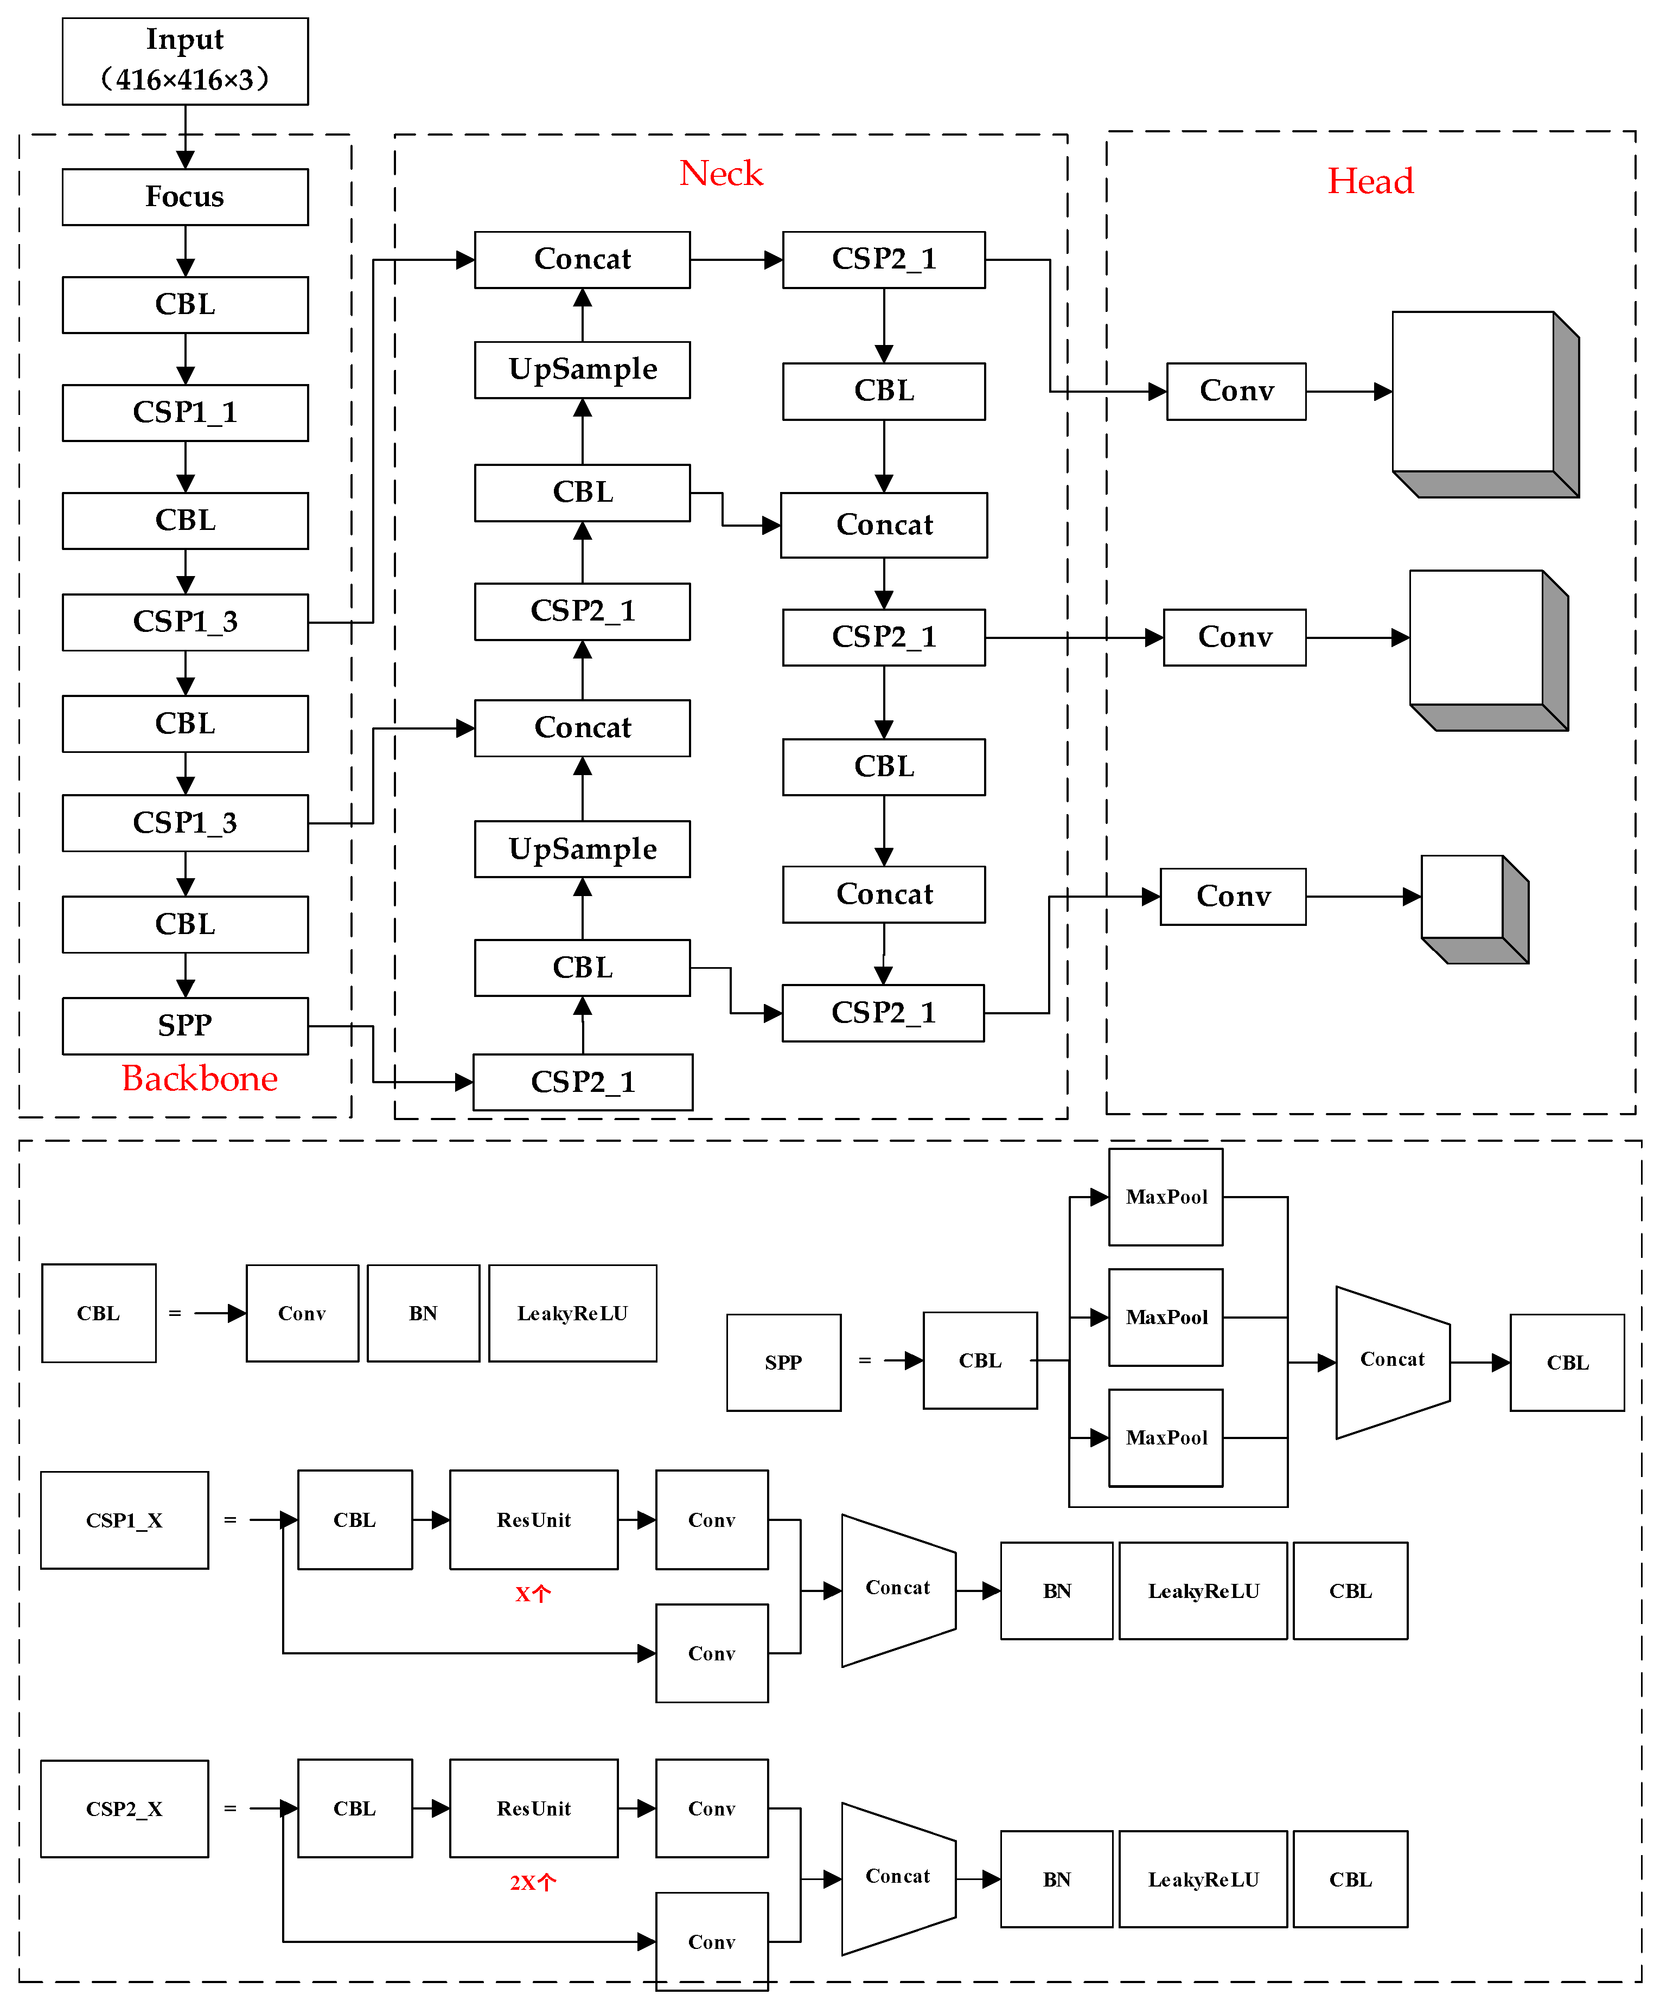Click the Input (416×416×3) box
pos(185,61)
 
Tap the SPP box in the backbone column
pos(185,1025)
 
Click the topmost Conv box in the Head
pos(1236,391)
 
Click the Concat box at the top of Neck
pos(582,259)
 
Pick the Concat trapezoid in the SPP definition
pos(1391,1361)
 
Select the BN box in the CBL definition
pos(423,1313)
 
